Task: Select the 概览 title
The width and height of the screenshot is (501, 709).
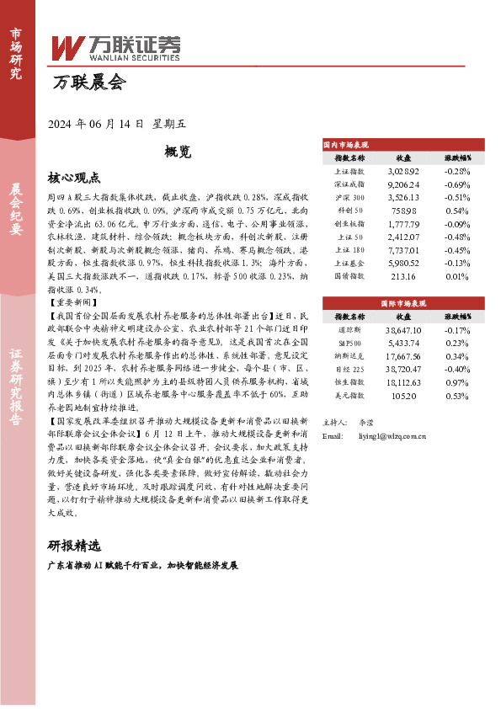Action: (178, 152)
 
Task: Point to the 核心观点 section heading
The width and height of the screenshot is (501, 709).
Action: (74, 179)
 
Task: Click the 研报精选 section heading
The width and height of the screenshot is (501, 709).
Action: (74, 544)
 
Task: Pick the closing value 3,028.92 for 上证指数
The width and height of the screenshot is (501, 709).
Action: (403, 170)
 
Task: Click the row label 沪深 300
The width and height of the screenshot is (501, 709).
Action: (349, 196)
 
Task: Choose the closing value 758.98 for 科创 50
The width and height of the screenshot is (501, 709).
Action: (403, 210)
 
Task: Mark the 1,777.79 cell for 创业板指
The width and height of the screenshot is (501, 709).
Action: (403, 223)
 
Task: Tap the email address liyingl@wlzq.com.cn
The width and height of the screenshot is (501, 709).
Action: (392, 435)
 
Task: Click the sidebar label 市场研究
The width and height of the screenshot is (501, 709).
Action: (16, 52)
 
